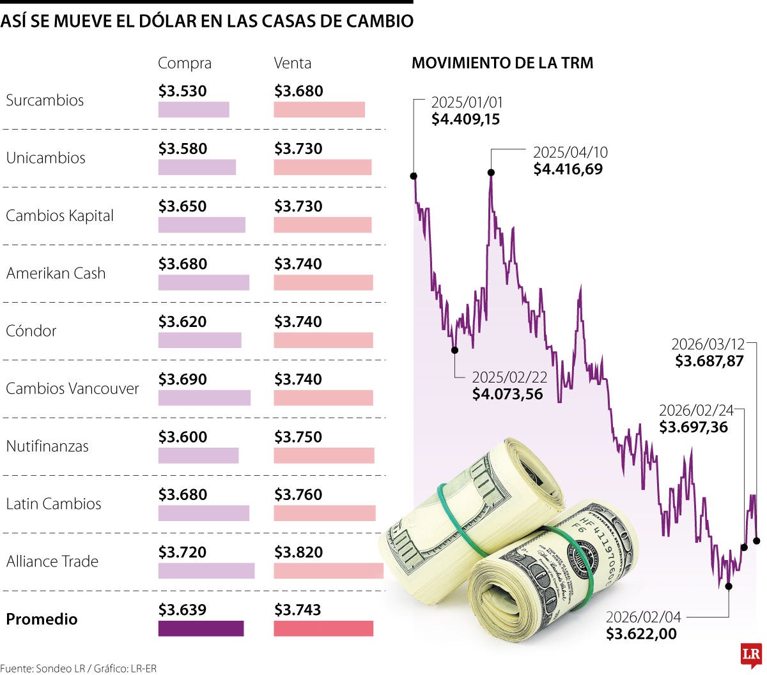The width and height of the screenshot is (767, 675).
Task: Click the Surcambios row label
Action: (45, 100)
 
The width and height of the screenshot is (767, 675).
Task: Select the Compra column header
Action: (184, 63)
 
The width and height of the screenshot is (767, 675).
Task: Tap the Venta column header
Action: (292, 63)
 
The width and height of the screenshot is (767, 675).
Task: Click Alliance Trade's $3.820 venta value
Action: (298, 552)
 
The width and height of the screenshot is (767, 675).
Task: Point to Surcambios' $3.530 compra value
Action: (183, 91)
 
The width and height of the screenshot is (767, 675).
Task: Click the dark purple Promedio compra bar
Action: (201, 628)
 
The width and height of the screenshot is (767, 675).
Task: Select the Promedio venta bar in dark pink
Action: (323, 628)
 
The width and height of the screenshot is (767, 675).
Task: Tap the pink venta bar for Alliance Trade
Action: (328, 571)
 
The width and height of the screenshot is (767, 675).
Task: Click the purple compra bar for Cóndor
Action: (199, 340)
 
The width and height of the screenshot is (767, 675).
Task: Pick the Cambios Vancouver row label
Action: (72, 388)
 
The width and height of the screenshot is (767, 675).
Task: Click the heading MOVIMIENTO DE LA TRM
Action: (502, 63)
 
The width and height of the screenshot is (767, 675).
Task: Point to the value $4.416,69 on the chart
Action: (568, 169)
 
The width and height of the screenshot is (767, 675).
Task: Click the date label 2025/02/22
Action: (509, 377)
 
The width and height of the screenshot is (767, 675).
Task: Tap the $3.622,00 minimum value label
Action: (641, 634)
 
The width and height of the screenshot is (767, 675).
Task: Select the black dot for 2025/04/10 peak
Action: (491, 172)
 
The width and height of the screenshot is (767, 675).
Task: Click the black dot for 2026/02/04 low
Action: (729, 585)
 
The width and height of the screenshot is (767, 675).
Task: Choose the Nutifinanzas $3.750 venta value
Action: (298, 437)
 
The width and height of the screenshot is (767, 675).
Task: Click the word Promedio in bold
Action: (42, 619)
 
